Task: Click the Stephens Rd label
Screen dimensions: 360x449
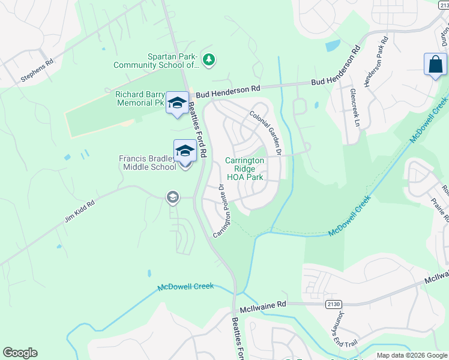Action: click(x=37, y=70)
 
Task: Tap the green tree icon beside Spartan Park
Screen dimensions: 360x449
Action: click(x=208, y=59)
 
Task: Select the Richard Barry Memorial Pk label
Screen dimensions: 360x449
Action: click(x=140, y=98)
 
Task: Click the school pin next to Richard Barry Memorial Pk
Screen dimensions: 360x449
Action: click(x=177, y=103)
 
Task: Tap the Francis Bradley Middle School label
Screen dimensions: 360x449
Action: click(x=148, y=163)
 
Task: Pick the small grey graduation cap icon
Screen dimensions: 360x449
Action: click(x=173, y=197)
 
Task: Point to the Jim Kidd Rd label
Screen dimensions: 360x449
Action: click(x=79, y=212)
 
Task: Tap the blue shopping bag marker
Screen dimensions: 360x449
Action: click(x=435, y=65)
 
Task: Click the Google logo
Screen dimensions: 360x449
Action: click(x=20, y=353)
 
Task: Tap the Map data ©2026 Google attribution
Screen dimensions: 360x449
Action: click(x=412, y=355)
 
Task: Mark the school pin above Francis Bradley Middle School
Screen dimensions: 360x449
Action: click(x=185, y=151)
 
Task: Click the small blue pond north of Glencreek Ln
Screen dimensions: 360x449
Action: click(x=332, y=46)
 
